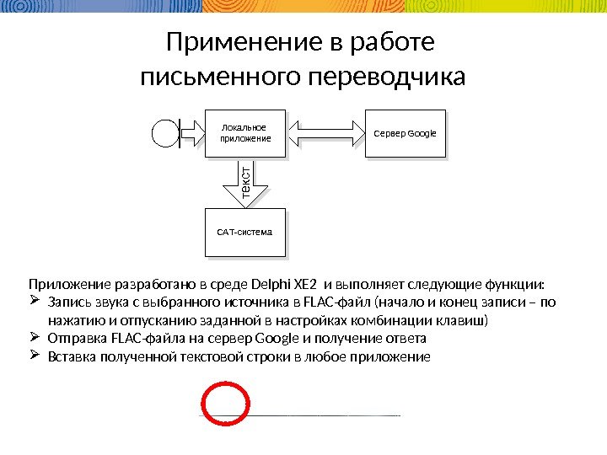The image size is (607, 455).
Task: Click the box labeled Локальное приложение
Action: coord(245,132)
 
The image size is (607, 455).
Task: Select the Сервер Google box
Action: coord(405,132)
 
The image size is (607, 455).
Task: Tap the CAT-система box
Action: coord(245,231)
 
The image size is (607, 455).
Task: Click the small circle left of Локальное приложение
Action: coord(164,132)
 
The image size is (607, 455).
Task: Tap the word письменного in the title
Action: coord(217,78)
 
